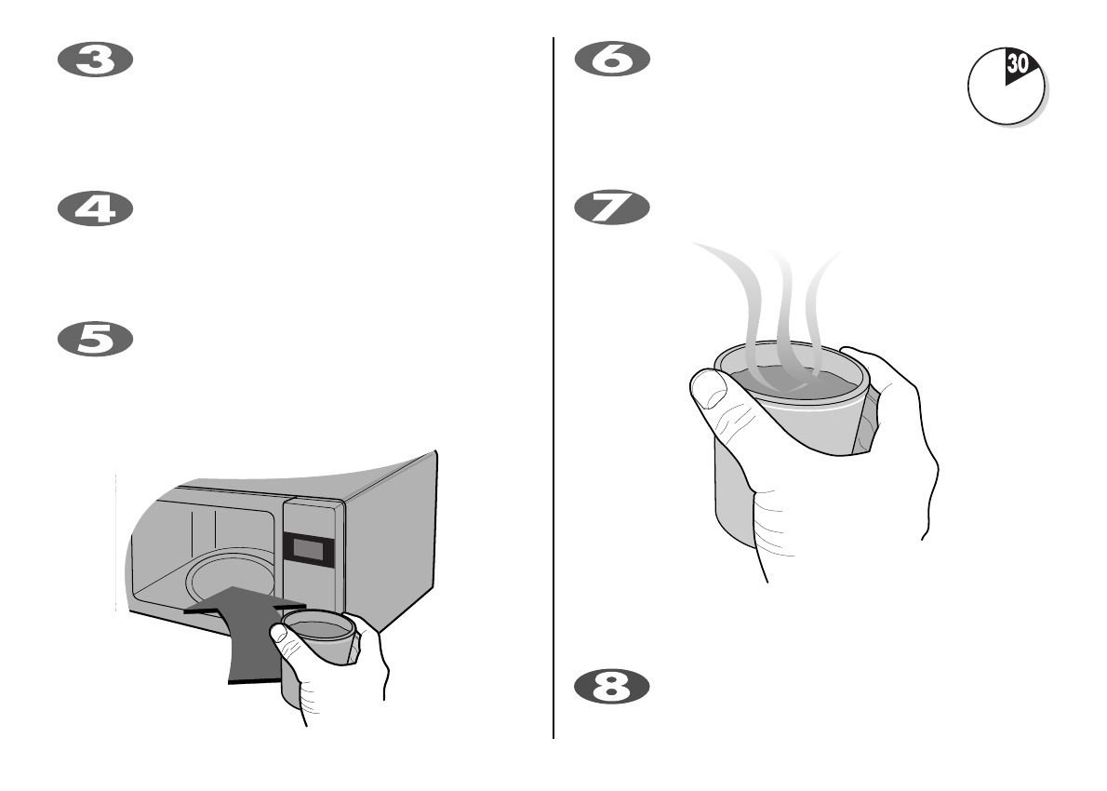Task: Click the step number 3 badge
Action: tap(96, 60)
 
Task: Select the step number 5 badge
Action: tap(96, 340)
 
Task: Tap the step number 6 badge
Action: tap(611, 60)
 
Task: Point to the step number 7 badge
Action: tap(611, 208)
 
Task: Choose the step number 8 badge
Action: tap(611, 687)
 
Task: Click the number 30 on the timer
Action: tap(1018, 66)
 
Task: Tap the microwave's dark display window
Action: tap(308, 549)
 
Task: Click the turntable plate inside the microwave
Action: tap(223, 577)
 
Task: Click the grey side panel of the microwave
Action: tap(391, 540)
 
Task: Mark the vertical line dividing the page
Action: tap(554, 391)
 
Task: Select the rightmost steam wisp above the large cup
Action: tap(819, 298)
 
